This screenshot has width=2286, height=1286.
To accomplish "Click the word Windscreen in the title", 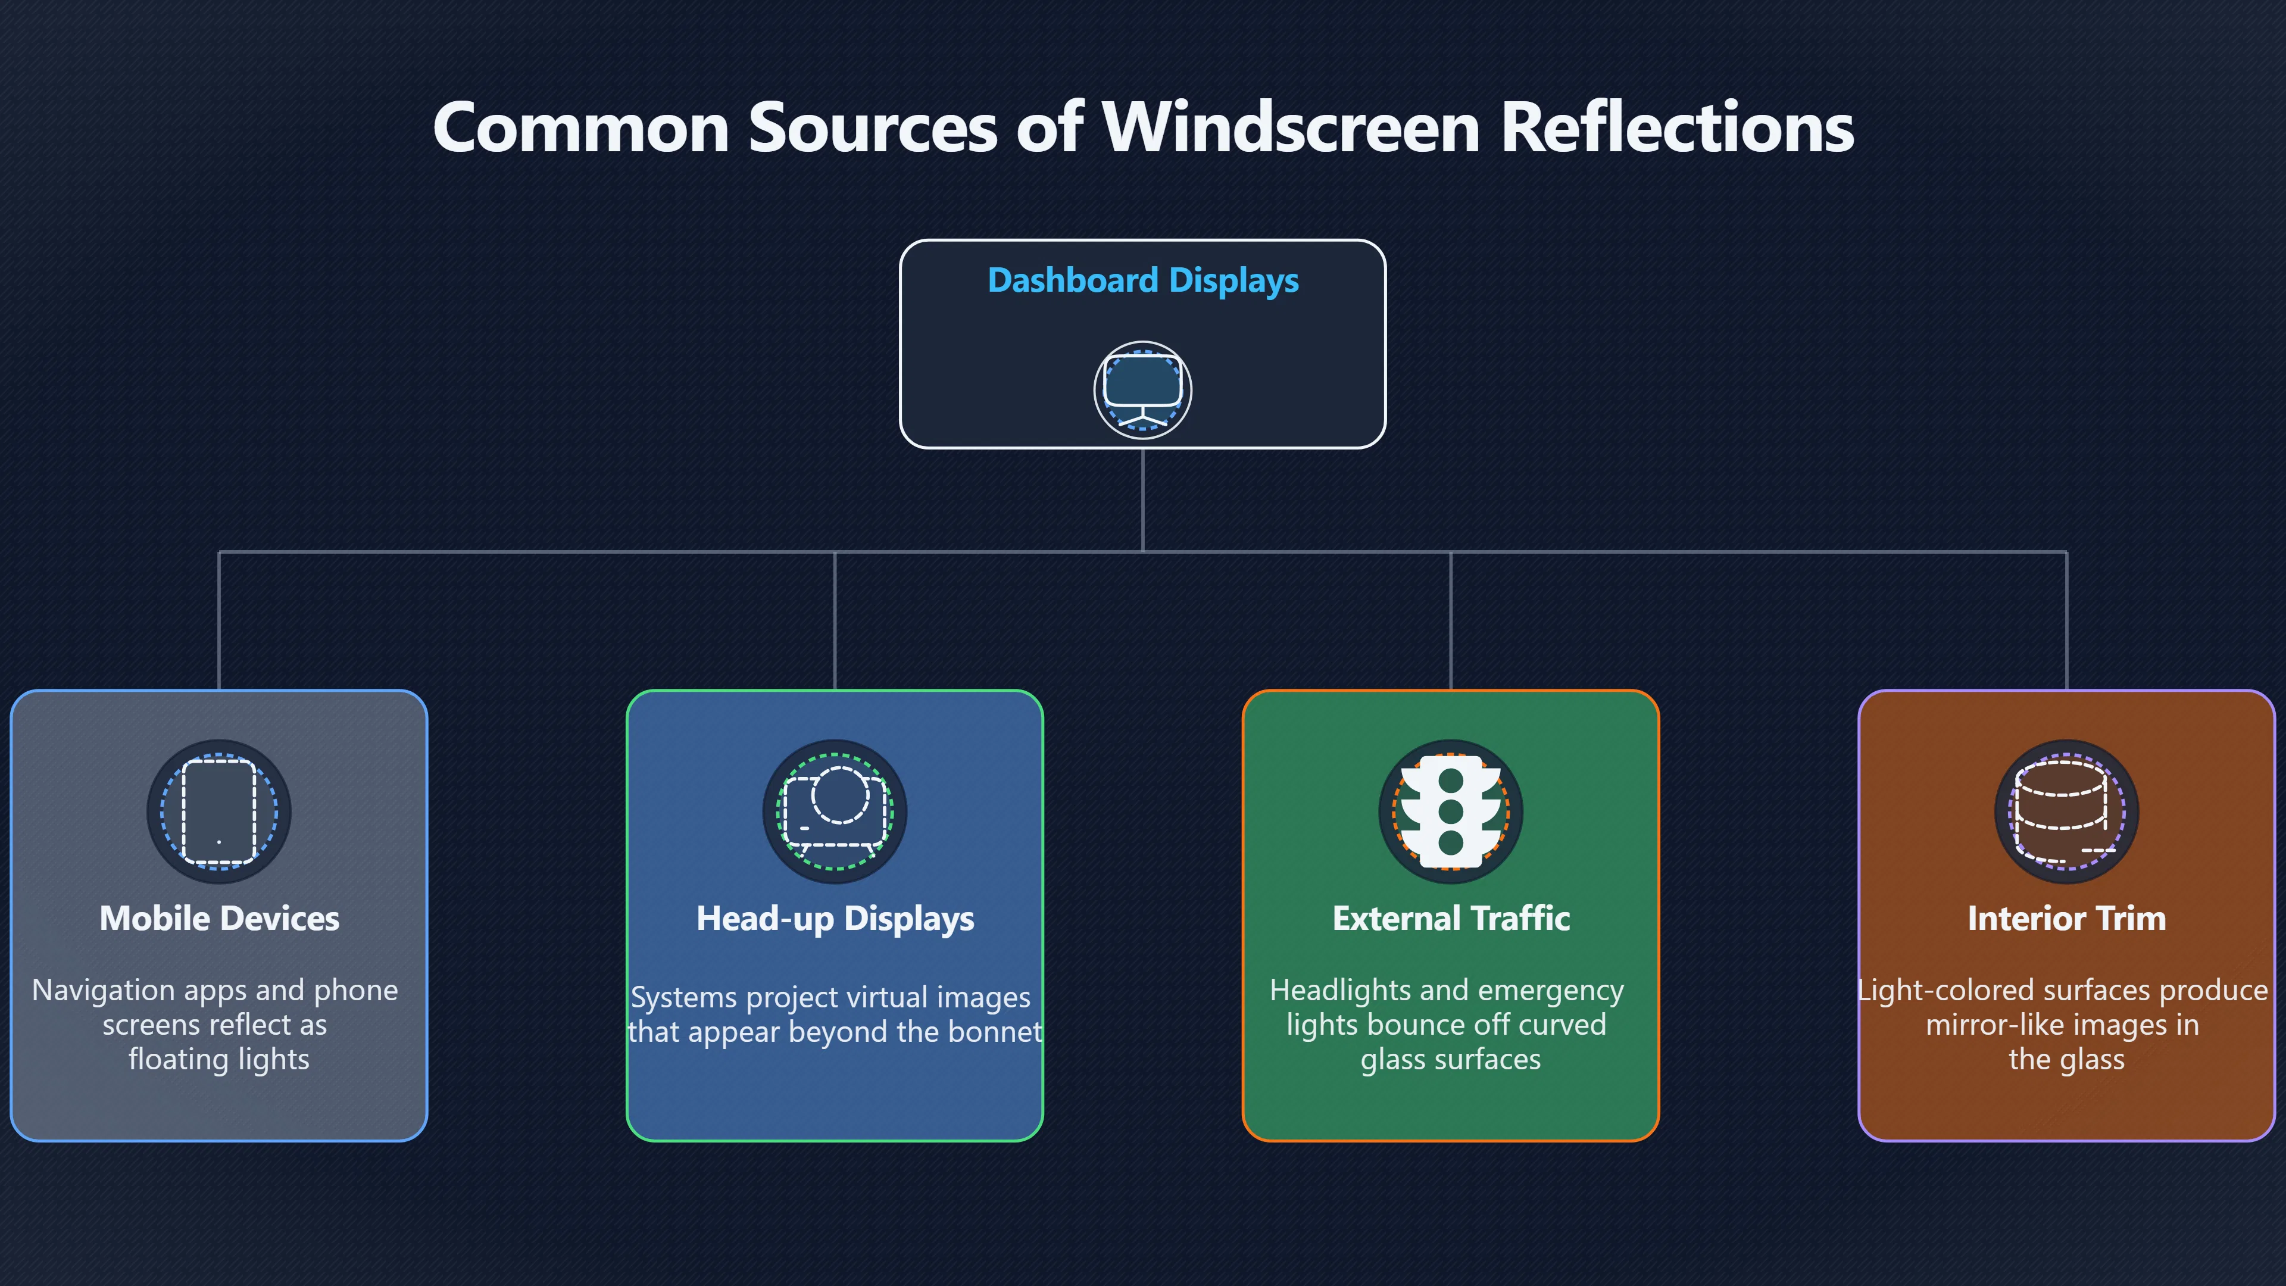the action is (1291, 127).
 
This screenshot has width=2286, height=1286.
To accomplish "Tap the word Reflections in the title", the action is (1677, 127).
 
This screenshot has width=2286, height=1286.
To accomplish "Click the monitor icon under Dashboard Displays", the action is (1143, 391).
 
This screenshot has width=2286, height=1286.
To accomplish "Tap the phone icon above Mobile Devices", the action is (218, 811).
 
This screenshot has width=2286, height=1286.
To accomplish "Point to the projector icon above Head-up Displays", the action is (835, 811).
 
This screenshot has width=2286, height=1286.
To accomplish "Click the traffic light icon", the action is (1451, 811).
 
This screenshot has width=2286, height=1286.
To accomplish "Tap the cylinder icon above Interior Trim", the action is (2067, 811).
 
